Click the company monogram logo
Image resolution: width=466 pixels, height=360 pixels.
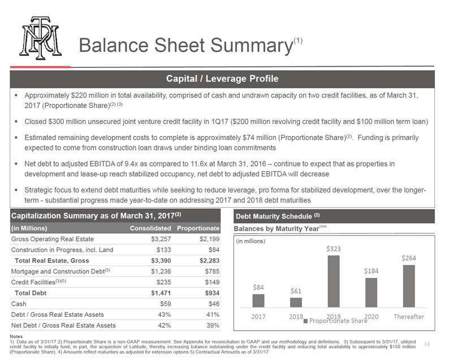point(40,37)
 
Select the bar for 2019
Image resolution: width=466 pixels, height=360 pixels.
point(334,281)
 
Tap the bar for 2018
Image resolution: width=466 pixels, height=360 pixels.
point(296,302)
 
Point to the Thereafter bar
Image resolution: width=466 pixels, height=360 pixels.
point(409,286)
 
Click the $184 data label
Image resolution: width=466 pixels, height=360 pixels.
point(371,271)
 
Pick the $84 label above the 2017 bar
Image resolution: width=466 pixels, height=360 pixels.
point(258,288)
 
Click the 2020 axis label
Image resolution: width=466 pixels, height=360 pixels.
point(372,316)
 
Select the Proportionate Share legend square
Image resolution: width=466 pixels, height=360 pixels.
point(305,321)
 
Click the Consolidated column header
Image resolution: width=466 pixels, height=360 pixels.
point(150,228)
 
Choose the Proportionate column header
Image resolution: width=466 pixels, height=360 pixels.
point(199,228)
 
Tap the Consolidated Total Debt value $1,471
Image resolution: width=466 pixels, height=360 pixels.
point(161,293)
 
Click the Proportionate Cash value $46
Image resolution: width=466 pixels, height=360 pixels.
point(214,304)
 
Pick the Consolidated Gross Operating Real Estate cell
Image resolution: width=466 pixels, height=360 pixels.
point(161,239)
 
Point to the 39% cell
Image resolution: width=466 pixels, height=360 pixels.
point(213,325)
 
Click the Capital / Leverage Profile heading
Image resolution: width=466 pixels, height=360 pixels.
point(222,79)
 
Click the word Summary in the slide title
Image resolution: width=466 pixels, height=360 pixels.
point(252,45)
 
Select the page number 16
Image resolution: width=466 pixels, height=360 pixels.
point(427,344)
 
